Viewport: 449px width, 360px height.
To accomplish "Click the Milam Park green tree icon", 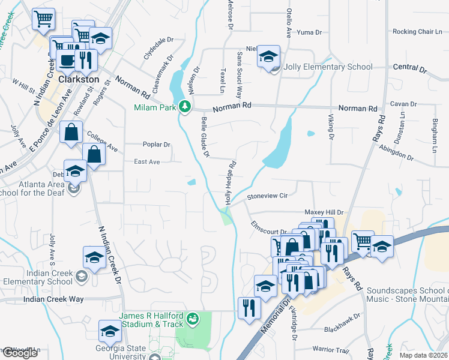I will (x=185, y=107).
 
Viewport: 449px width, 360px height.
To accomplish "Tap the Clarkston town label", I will (x=79, y=79).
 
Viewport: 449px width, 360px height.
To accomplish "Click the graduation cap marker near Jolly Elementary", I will (x=268, y=58).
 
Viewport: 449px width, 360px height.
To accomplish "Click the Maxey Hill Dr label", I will (x=323, y=212).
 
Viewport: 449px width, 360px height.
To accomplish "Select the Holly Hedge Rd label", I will (x=231, y=182).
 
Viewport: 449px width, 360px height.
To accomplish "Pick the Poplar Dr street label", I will (x=157, y=145).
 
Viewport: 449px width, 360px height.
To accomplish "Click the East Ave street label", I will (x=146, y=162).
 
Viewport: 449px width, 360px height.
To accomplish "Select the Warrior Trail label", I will (x=330, y=350).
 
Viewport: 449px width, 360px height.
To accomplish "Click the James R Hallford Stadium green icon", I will (x=193, y=317).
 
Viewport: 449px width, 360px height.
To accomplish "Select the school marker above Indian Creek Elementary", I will (x=95, y=257).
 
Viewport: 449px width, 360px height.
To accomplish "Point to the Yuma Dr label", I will (x=310, y=32).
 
